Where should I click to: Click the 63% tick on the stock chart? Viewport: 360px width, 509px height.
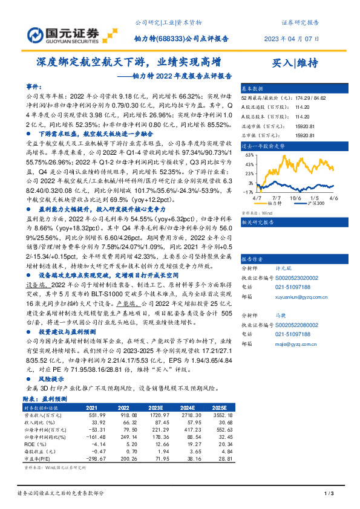coord(249,155)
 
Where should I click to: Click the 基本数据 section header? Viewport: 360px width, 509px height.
coord(252,87)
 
